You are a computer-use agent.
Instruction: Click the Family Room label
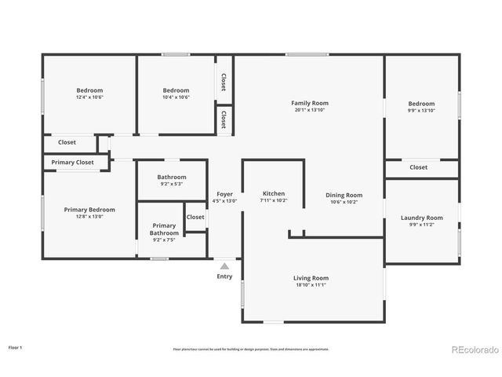pyautogui.click(x=310, y=103)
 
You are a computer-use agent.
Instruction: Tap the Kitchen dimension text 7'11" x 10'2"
pyautogui.click(x=274, y=201)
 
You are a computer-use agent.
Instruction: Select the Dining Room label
pyautogui.click(x=344, y=195)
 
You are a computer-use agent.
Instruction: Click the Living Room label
pyautogui.click(x=311, y=278)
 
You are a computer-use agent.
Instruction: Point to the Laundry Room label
pyautogui.click(x=421, y=218)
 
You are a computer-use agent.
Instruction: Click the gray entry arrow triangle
pyautogui.click(x=224, y=266)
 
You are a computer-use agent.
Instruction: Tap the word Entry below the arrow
pyautogui.click(x=224, y=276)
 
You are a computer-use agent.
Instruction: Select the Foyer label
pyautogui.click(x=224, y=194)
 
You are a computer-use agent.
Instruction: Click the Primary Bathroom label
pyautogui.click(x=164, y=229)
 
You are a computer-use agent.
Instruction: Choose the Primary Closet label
pyautogui.click(x=72, y=163)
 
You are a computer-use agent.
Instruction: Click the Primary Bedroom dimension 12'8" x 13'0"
pyautogui.click(x=89, y=217)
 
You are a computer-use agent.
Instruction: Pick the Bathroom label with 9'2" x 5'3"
pyautogui.click(x=171, y=178)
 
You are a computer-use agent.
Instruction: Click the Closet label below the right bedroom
pyautogui.click(x=419, y=167)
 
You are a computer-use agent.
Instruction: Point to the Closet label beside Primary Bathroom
pyautogui.click(x=195, y=218)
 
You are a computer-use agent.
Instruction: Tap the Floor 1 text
pyautogui.click(x=16, y=346)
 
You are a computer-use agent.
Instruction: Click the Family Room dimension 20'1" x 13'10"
pyautogui.click(x=310, y=110)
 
